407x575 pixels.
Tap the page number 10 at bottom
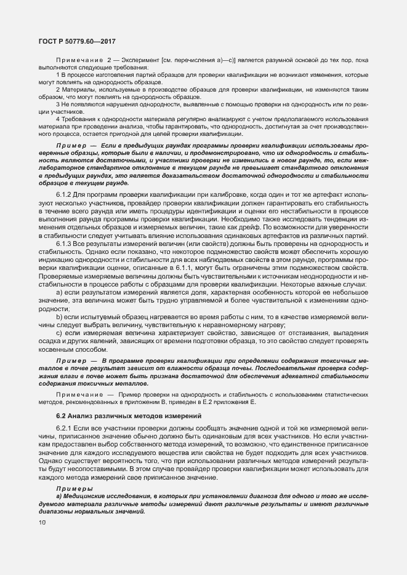pyautogui.click(x=42, y=523)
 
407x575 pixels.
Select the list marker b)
pyautogui.click(x=60, y=316)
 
